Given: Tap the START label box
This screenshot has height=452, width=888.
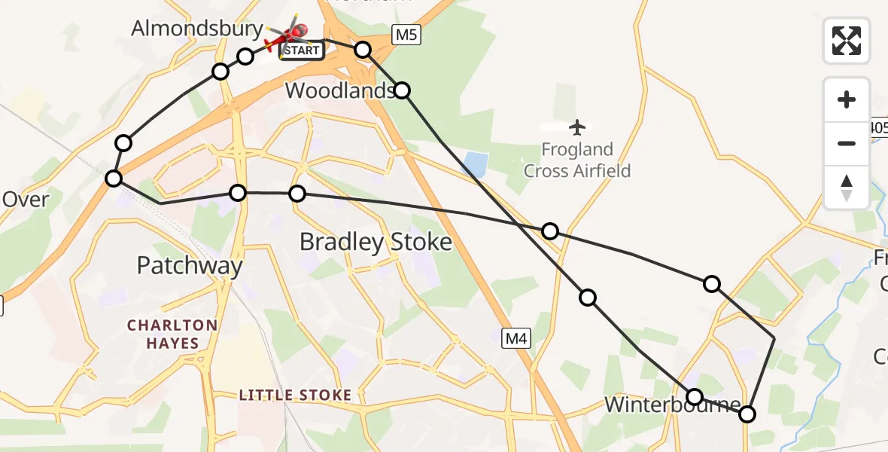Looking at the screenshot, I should coord(302,51).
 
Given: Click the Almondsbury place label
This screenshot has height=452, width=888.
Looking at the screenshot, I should coord(197,29).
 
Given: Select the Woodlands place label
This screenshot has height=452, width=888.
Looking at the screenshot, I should coord(340,91).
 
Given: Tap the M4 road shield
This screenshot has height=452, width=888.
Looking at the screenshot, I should coord(515,339).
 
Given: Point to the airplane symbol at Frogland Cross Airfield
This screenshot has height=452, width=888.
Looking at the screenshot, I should coord(577,127).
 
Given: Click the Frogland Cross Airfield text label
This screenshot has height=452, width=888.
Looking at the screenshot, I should coord(577,160).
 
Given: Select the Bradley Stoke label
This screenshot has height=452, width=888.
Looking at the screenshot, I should coord(376,242).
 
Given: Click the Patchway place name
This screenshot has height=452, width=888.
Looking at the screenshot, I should coord(190,265).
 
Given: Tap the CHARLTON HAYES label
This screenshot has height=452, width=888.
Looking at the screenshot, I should coord(172,334).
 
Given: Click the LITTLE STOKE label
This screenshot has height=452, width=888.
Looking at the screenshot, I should coord(295,395).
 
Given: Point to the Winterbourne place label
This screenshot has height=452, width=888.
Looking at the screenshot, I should coord(673,405).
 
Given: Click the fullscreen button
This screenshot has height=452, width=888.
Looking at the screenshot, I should coord(847,41).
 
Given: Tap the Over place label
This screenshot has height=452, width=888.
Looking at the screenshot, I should coord(26,200).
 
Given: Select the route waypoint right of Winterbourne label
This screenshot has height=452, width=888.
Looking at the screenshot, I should coord(747,414).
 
